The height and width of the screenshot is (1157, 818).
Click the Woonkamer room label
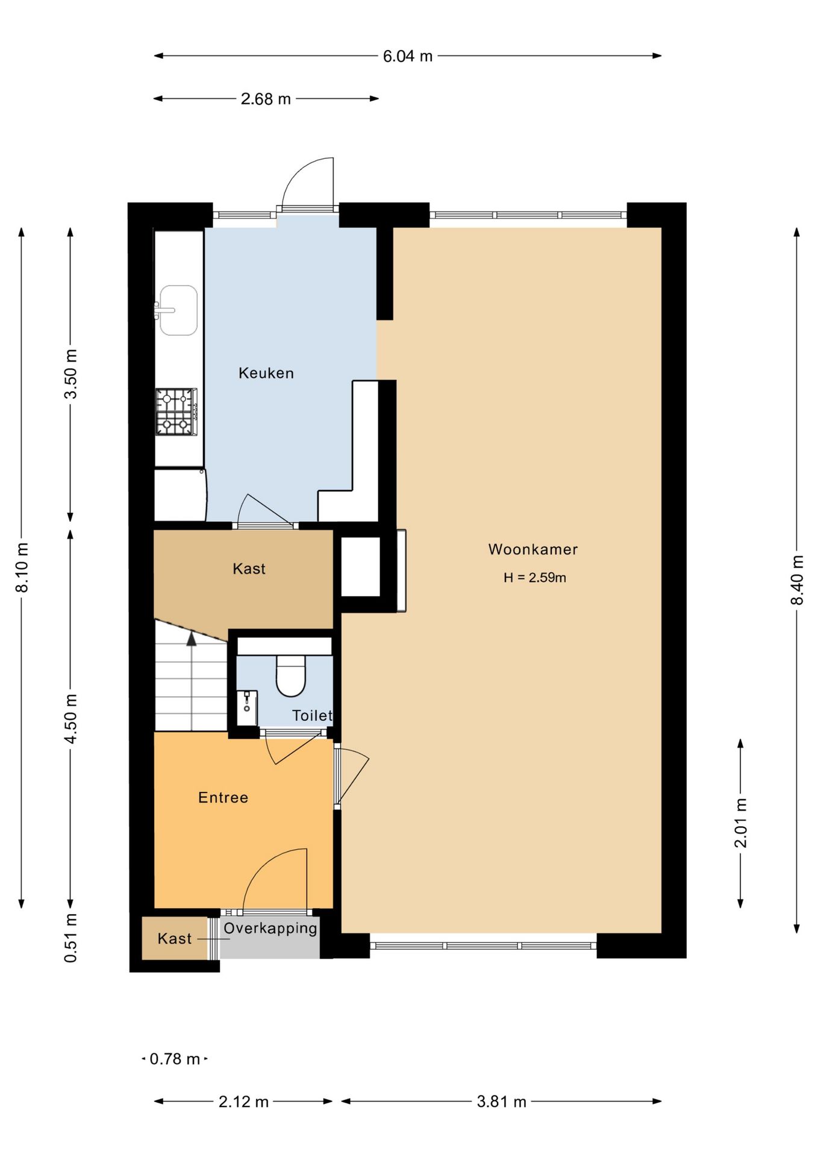(533, 549)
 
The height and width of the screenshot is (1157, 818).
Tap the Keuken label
(266, 373)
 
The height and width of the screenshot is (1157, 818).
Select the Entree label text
(223, 797)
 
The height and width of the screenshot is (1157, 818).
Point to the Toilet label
(312, 715)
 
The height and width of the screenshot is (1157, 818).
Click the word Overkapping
(270, 928)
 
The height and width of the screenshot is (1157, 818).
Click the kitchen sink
(178, 310)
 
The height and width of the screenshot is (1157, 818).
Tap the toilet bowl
(291, 676)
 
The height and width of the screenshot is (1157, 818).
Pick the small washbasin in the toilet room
(247, 708)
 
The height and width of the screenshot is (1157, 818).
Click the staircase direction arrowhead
(192, 639)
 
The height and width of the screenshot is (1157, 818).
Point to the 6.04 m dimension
(408, 56)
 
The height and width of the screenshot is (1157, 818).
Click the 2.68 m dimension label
(266, 99)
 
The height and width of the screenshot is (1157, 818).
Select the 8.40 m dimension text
(797, 580)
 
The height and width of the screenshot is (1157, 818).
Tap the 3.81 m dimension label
(502, 1102)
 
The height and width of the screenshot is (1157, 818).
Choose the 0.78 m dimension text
(175, 1059)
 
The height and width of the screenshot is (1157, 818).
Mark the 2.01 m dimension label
(740, 823)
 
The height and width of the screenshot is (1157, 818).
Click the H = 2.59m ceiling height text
(535, 577)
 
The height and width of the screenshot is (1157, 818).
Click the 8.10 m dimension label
(22, 568)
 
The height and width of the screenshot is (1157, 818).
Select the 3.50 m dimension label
(70, 374)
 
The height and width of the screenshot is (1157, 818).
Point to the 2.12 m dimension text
(243, 1102)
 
